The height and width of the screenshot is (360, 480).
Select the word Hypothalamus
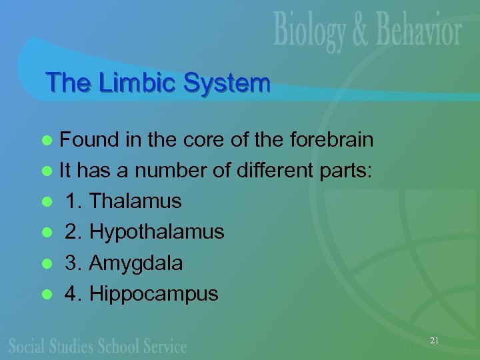point(157,232)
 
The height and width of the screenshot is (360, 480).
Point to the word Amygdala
point(136,263)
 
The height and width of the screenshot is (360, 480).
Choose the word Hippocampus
point(154,294)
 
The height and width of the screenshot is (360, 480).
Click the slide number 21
point(434,341)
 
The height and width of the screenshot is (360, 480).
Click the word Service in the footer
point(163,346)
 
